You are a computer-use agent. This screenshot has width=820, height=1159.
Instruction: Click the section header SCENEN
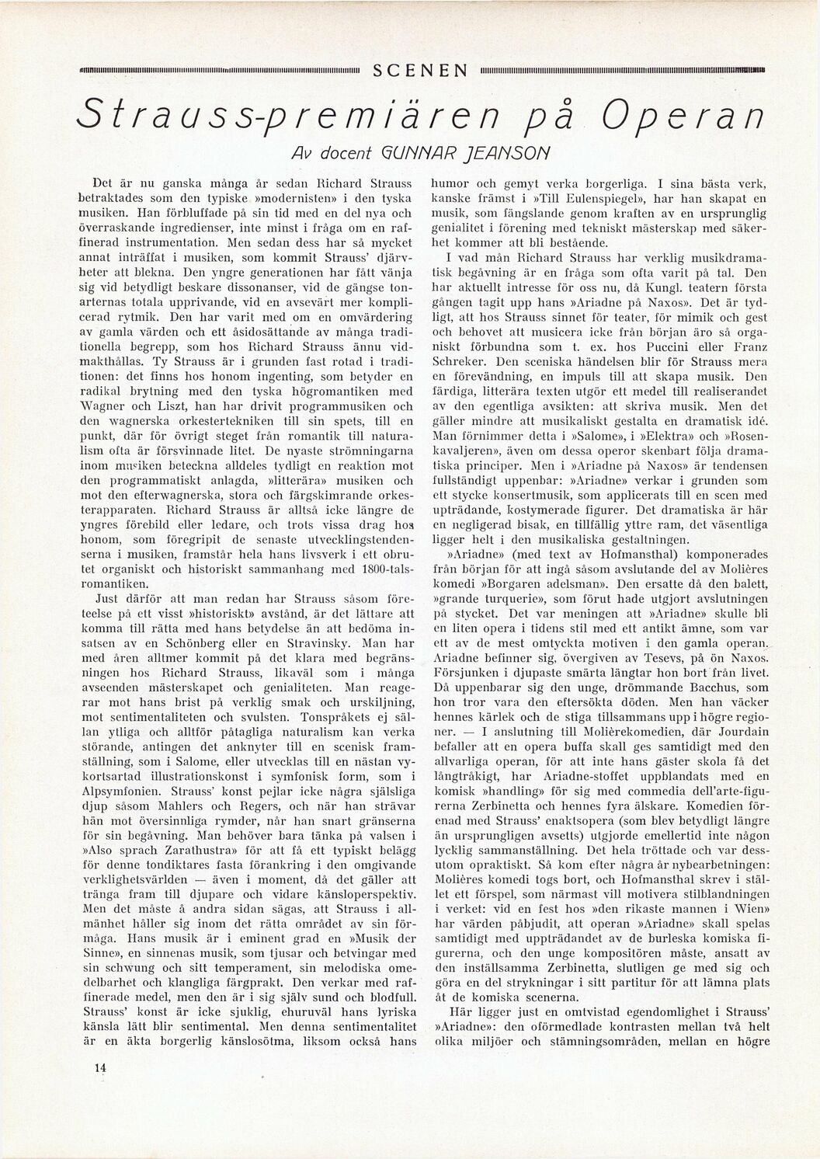point(420,71)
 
